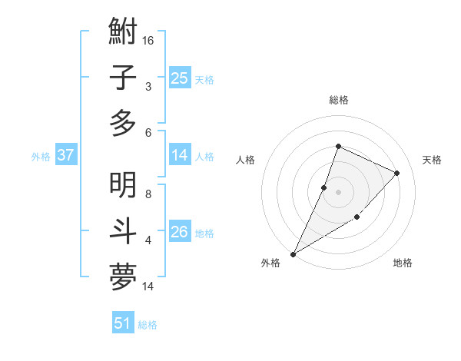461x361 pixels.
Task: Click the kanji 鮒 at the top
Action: (123, 33)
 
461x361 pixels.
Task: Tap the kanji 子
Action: (123, 78)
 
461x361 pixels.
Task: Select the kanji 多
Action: (123, 123)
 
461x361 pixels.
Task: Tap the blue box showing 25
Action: (180, 78)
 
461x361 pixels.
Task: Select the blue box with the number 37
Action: (66, 155)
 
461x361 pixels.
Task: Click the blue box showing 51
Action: (123, 323)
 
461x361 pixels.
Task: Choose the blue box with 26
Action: (180, 232)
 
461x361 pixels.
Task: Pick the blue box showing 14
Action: (180, 155)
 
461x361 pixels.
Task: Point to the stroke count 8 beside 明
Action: (148, 194)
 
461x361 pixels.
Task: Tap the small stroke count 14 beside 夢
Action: (148, 286)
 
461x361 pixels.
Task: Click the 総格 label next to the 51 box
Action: (148, 325)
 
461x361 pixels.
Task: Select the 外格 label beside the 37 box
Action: (41, 157)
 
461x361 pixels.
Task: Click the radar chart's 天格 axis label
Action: (432, 160)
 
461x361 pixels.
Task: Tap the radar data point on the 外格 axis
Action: (293, 253)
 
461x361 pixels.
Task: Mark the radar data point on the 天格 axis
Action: (396, 173)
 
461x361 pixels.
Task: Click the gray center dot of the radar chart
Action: (338, 192)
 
